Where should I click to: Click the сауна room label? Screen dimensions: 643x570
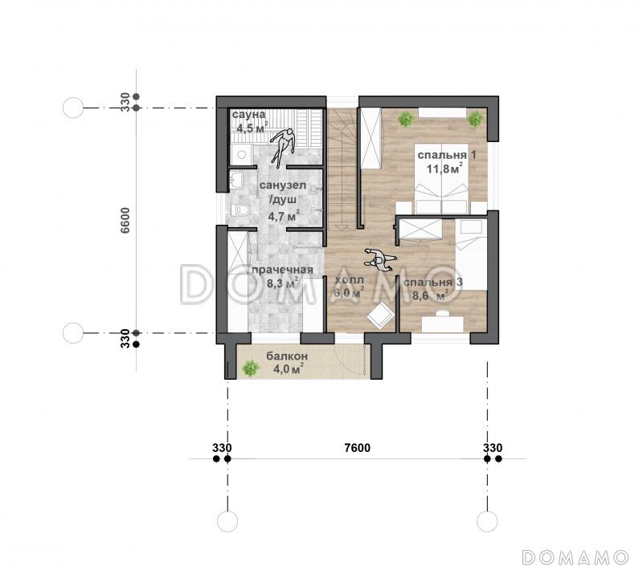coord(248,114)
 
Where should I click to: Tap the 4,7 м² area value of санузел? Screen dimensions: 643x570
coord(284,216)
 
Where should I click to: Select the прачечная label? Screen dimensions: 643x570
coord(282,270)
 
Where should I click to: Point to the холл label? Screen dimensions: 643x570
coord(349,280)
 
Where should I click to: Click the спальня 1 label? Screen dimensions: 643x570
coord(447,155)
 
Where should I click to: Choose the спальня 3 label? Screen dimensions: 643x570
coord(433,283)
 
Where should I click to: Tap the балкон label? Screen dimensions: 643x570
coord(287,356)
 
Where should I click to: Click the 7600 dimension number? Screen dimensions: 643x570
coord(357,448)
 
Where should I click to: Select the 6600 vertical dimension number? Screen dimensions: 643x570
coord(125,220)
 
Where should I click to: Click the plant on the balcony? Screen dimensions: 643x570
coord(250,368)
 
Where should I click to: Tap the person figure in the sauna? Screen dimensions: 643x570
coord(282,147)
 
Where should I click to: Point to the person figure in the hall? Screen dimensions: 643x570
coord(381,259)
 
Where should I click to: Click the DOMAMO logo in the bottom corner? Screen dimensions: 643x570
coord(575,557)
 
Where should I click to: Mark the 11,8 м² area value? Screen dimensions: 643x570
coord(444,169)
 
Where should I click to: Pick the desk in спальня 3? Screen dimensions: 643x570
coord(443,324)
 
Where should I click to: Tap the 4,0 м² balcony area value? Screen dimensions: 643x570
coord(289,368)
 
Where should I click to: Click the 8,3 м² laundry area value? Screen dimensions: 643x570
coord(282,283)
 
